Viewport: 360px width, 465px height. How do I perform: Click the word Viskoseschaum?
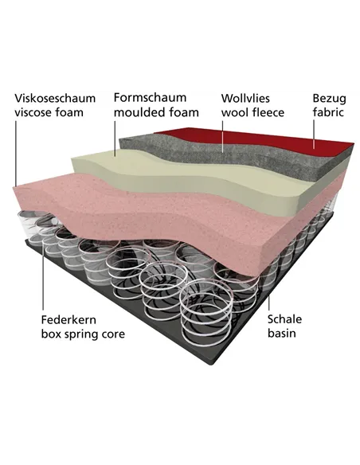[x=55, y=98]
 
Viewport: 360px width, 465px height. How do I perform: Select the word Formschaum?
[x=150, y=97]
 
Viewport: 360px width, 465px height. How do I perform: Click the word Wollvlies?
[x=245, y=98]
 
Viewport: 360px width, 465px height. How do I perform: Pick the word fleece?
[x=266, y=112]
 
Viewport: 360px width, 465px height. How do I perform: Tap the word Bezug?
[x=330, y=99]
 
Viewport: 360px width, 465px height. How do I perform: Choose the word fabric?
[x=328, y=112]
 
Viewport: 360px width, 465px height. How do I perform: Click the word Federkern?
[x=68, y=320]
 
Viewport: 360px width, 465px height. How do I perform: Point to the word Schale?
[x=284, y=319]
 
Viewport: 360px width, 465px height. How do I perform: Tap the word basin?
[x=282, y=333]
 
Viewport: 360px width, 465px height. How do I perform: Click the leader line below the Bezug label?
[x=314, y=134]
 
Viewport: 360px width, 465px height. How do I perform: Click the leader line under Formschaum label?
[x=115, y=138]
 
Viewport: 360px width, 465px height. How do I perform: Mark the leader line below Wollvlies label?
[x=223, y=136]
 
